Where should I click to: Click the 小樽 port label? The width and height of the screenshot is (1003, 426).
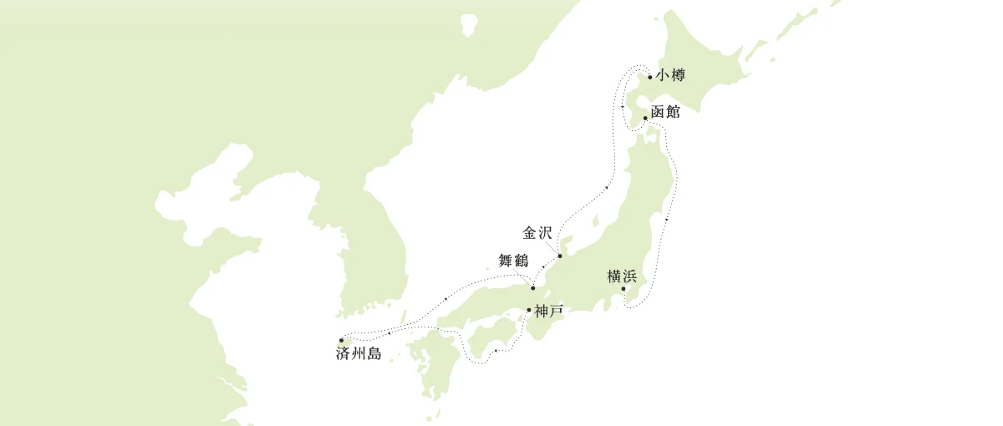click(x=670, y=76)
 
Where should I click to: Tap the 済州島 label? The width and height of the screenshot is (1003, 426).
click(x=359, y=354)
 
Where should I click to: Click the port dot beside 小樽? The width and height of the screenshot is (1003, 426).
click(x=650, y=77)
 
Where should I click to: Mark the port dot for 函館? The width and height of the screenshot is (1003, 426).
click(x=645, y=118)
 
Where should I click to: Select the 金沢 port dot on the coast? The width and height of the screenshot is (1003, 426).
click(x=560, y=256)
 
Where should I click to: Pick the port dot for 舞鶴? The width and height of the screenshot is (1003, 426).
click(x=533, y=288)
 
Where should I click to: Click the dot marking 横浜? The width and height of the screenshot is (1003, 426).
click(x=624, y=289)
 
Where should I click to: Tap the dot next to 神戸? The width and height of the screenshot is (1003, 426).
click(x=529, y=311)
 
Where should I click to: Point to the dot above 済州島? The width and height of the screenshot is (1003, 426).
click(x=342, y=340)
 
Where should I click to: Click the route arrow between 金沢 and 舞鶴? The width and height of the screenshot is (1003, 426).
click(x=544, y=267)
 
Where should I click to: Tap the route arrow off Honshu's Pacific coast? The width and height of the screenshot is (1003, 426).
click(x=667, y=219)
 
